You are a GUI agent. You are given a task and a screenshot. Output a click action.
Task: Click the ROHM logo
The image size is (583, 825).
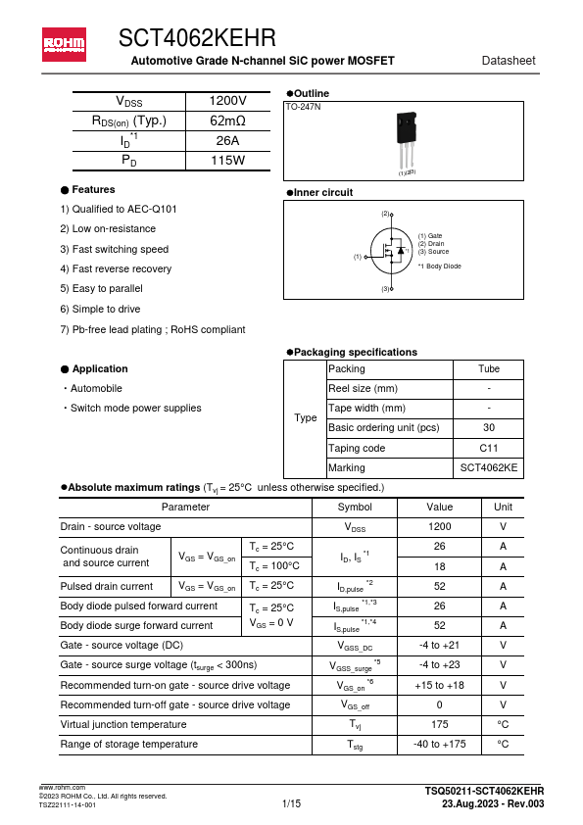coord(64,44)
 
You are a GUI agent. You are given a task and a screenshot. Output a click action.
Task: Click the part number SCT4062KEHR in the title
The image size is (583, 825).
coord(197,38)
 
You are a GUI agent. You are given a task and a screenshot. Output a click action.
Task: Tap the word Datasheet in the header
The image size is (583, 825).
coord(509,61)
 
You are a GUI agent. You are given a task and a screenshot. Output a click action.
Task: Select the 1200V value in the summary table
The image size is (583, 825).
coord(228,101)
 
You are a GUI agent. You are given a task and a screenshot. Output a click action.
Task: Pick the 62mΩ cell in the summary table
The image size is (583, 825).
coord(228,121)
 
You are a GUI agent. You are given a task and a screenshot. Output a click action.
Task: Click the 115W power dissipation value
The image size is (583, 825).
coord(228,160)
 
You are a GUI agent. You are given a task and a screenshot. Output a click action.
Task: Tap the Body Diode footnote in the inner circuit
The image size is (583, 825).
coord(439,267)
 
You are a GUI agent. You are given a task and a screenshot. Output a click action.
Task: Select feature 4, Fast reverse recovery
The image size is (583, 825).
coord(102,268)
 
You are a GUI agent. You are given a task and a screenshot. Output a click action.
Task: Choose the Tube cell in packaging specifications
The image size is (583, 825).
coord(488,369)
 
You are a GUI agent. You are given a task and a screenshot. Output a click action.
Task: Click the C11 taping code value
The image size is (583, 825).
coord(488,448)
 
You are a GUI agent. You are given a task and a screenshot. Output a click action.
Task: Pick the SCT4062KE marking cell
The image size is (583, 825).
coord(488,468)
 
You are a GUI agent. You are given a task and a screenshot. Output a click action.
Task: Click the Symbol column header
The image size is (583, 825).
coord(355,508)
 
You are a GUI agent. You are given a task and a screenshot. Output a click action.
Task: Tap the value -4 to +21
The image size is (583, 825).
coord(440,645)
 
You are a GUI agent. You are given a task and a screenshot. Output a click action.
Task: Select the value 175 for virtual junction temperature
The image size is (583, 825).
coord(440,724)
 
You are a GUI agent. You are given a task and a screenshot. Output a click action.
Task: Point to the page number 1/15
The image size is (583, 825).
coord(291,804)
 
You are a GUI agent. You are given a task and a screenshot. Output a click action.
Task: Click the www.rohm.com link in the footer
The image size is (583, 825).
coord(62,788)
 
